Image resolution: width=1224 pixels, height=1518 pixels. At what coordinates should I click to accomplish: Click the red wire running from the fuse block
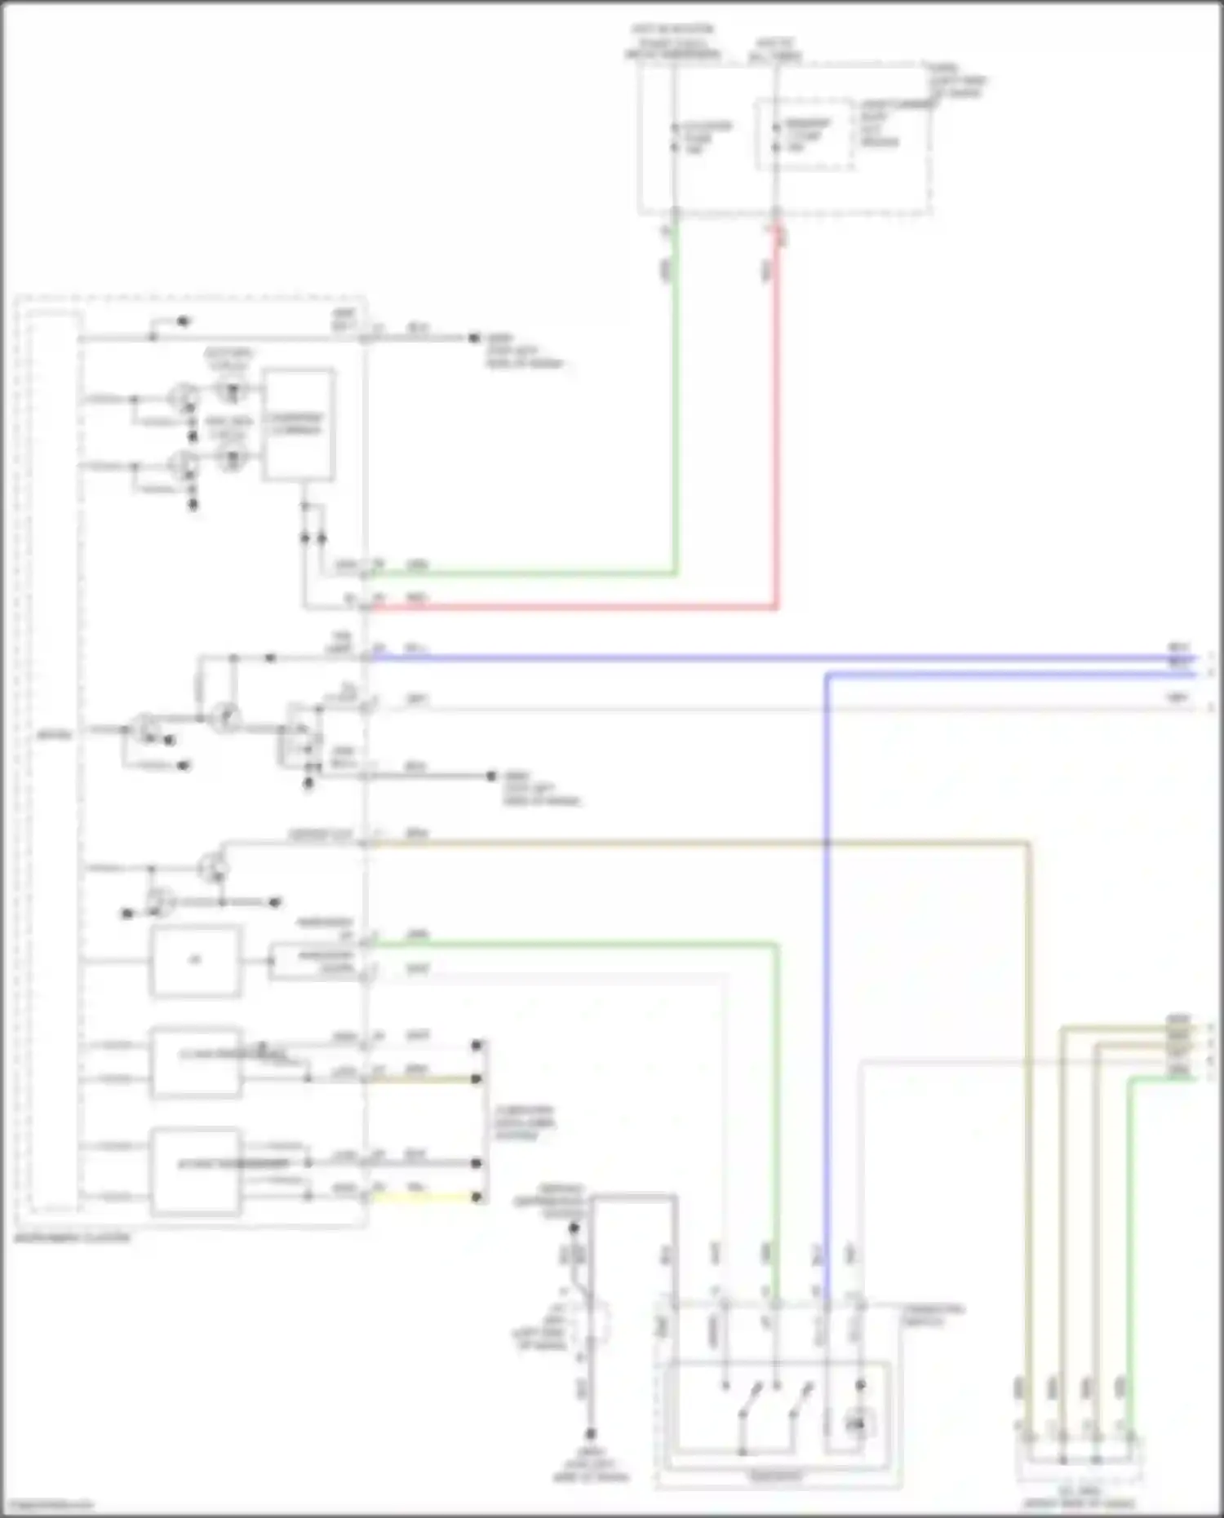[x=776, y=424]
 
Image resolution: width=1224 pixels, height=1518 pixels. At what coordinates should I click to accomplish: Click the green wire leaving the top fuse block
[x=675, y=408]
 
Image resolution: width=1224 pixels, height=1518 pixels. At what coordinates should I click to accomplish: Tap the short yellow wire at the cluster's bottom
[x=424, y=1197]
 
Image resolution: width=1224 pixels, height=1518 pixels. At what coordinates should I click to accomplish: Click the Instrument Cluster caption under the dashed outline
[x=73, y=1237]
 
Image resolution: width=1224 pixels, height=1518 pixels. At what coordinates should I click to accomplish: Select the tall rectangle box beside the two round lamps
[x=298, y=425]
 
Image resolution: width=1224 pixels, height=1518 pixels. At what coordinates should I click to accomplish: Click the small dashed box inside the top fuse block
[x=805, y=135]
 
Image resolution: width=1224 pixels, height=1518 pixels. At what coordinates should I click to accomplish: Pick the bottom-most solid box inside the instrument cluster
[x=195, y=1171]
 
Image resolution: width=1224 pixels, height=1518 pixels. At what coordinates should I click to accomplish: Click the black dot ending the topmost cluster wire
[x=474, y=338]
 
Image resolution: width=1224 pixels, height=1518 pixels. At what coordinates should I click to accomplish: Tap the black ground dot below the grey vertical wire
[x=591, y=1433]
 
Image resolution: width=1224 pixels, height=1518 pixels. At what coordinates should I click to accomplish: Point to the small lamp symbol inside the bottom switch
[x=855, y=1424]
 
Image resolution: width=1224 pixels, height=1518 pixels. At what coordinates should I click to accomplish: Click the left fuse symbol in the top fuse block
[x=675, y=137]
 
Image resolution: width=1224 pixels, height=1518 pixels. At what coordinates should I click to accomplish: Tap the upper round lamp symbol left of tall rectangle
[x=233, y=391]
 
